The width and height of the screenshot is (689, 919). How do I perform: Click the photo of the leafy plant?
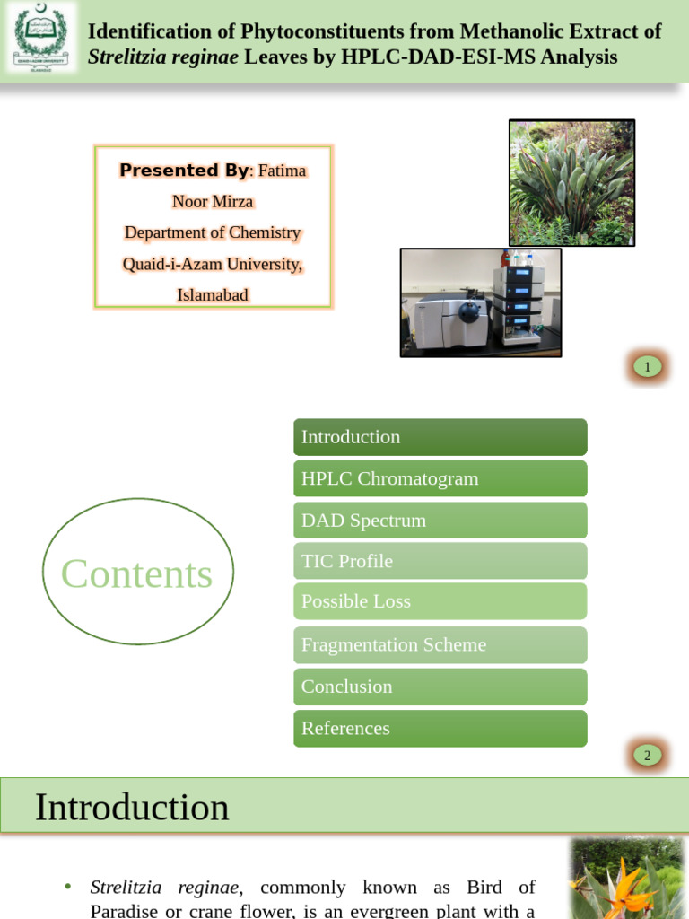point(571,183)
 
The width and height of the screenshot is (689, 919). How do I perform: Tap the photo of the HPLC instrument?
point(480,302)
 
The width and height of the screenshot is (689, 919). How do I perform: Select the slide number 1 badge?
point(647,366)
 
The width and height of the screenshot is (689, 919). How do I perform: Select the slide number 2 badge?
point(647,755)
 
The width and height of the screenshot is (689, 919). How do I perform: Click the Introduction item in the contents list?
point(440,437)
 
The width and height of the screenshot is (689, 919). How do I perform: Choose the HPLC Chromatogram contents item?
point(440,478)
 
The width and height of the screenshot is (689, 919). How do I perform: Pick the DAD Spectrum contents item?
point(440,521)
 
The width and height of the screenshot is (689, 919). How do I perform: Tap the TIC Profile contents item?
point(440,561)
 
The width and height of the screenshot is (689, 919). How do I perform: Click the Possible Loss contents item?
point(440,601)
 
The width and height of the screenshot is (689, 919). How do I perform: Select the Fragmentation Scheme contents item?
point(440,644)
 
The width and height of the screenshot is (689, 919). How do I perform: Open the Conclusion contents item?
point(440,687)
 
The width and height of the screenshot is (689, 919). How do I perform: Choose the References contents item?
point(440,728)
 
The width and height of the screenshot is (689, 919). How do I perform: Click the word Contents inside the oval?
point(136,573)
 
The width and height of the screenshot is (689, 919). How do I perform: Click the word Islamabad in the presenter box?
point(213,295)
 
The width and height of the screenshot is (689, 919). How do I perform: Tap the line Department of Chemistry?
point(213,232)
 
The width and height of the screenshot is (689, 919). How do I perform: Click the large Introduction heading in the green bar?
point(132,807)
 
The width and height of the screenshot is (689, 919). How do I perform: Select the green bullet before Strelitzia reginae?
point(68,887)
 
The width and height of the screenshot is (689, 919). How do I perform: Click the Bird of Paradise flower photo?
point(627,880)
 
